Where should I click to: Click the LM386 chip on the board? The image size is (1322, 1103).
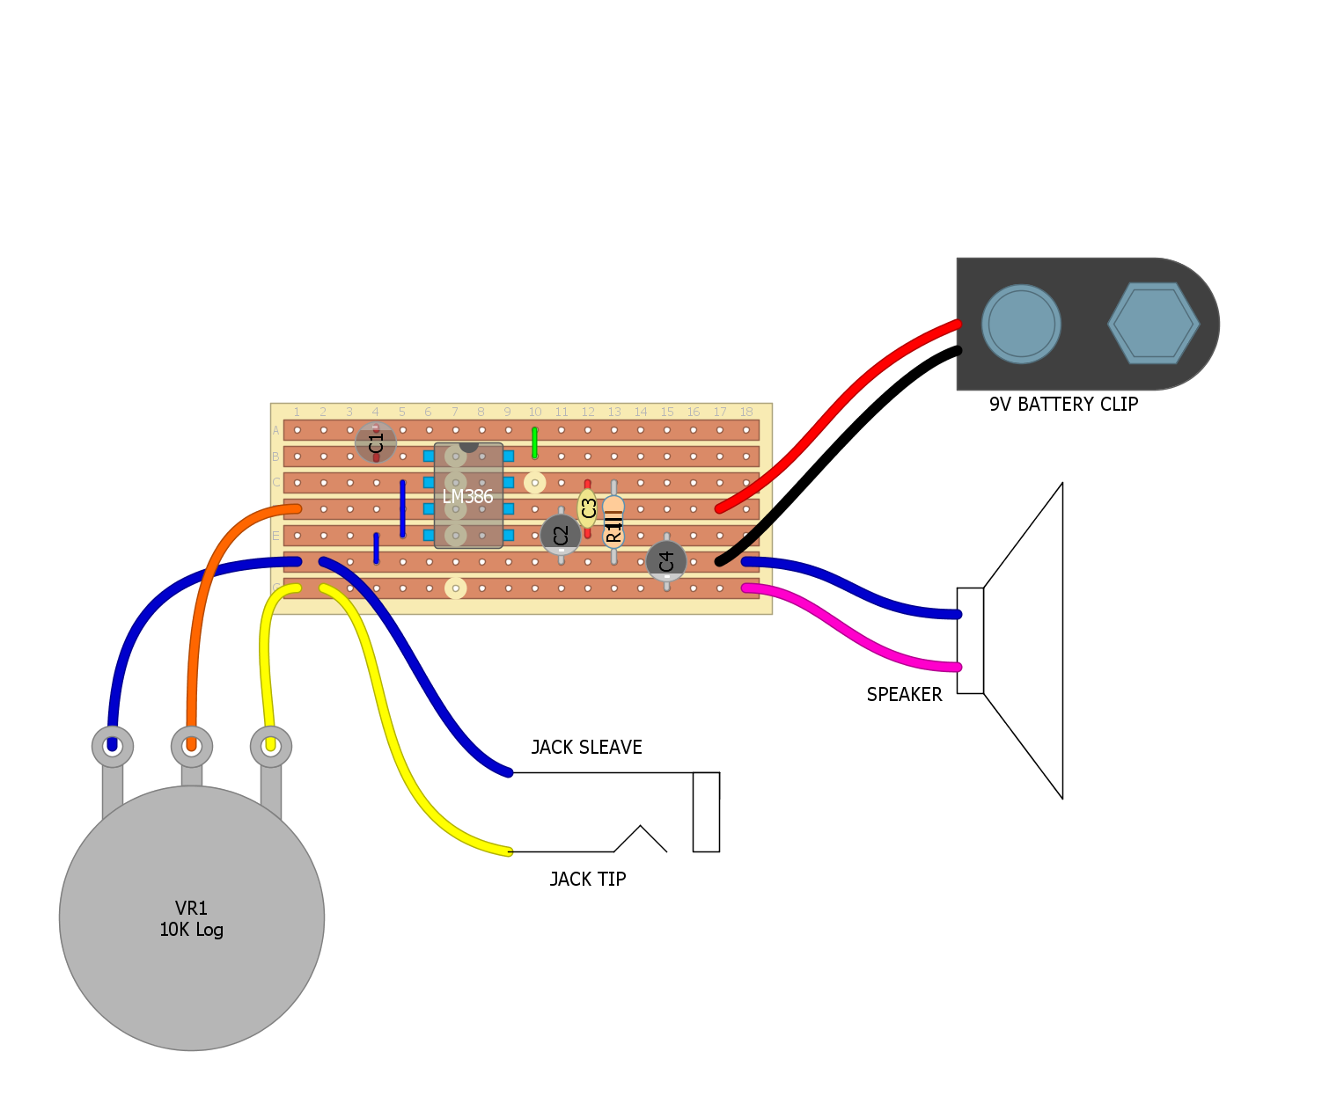tap(468, 496)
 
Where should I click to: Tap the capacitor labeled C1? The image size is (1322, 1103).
tap(376, 442)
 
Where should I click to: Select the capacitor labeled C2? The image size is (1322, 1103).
tap(561, 535)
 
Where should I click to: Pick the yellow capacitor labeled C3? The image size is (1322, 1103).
tap(588, 508)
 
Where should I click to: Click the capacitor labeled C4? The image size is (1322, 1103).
tap(666, 560)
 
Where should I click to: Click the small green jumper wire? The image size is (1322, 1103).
tap(534, 443)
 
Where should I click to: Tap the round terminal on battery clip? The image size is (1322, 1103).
tap(1021, 324)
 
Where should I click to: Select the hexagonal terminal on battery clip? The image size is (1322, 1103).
tap(1153, 324)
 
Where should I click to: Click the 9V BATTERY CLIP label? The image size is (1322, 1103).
tap(1063, 405)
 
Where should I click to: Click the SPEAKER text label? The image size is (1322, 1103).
tap(904, 695)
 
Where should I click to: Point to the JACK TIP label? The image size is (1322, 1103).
tap(587, 880)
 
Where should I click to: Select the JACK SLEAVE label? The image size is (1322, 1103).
tap(586, 748)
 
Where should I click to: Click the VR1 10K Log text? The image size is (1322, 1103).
tap(192, 919)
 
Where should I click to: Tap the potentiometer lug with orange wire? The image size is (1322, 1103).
tap(192, 747)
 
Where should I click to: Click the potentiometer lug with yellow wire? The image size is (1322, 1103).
tap(271, 747)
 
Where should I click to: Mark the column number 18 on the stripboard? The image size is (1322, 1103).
tap(746, 413)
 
